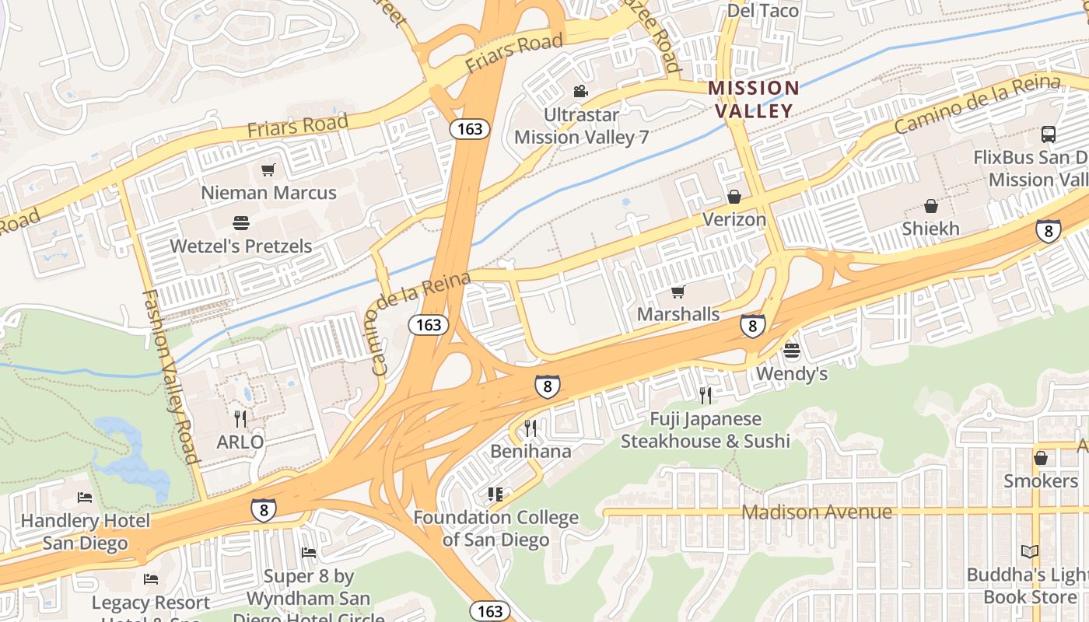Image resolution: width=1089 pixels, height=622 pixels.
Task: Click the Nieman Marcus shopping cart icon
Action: (x=268, y=169)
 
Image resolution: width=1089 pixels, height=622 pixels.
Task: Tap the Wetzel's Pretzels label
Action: (x=241, y=246)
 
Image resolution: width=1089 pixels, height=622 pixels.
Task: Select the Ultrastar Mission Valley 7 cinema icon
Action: (x=580, y=92)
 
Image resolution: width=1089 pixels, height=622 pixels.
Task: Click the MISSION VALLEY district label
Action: (x=754, y=99)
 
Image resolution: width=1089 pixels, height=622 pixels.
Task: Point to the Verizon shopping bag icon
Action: (x=734, y=197)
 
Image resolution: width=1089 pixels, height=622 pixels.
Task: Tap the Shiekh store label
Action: (x=930, y=229)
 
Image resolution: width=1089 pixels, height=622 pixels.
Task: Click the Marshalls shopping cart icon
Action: (x=678, y=292)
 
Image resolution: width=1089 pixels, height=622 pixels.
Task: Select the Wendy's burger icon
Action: (x=792, y=351)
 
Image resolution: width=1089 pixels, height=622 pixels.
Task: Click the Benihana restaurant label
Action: (x=530, y=451)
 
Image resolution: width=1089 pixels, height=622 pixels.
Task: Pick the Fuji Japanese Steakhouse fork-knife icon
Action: (x=705, y=396)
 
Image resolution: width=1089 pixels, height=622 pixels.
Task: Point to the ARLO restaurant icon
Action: (x=240, y=419)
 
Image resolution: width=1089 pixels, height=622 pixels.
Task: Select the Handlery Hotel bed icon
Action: (x=85, y=498)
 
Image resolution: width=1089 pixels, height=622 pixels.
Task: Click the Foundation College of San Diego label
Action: (x=495, y=528)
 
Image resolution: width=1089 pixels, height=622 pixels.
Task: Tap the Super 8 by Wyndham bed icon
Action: (x=309, y=553)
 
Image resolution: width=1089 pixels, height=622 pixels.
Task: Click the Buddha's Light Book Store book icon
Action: (x=1029, y=552)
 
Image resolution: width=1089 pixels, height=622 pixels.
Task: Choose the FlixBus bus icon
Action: (x=1048, y=135)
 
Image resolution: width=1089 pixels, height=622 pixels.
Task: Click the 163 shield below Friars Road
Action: (x=470, y=129)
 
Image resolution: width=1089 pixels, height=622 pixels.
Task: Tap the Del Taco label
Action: (x=762, y=10)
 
